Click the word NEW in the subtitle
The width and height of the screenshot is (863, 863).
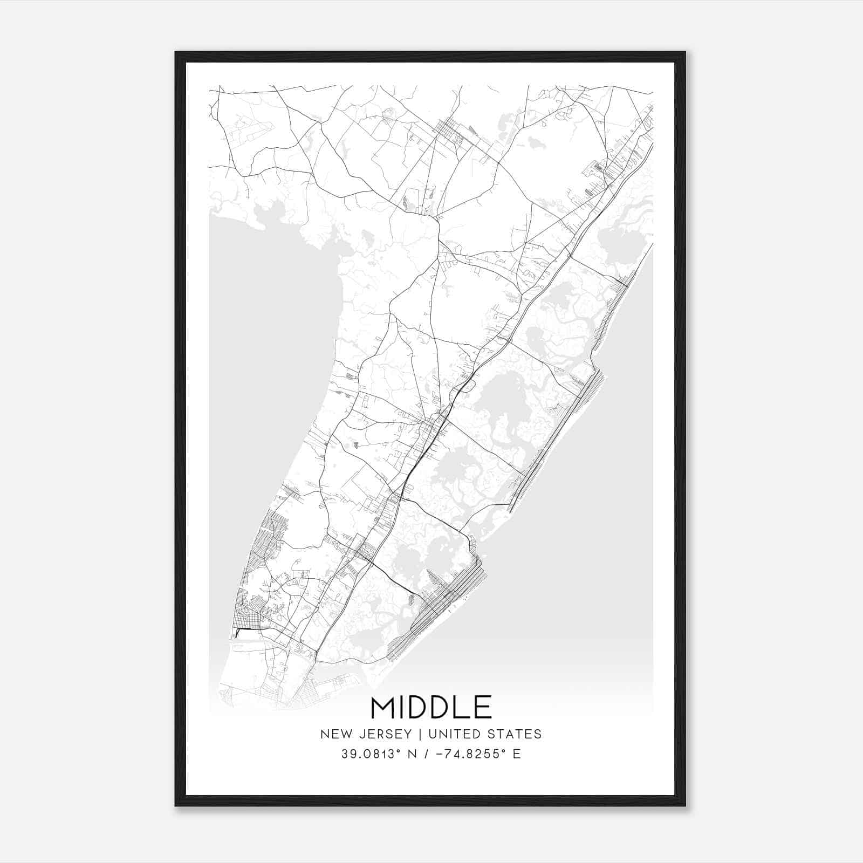pyautogui.click(x=334, y=734)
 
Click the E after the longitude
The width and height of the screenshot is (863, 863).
pyautogui.click(x=517, y=754)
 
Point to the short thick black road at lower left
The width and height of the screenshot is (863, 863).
pyautogui.click(x=246, y=629)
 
